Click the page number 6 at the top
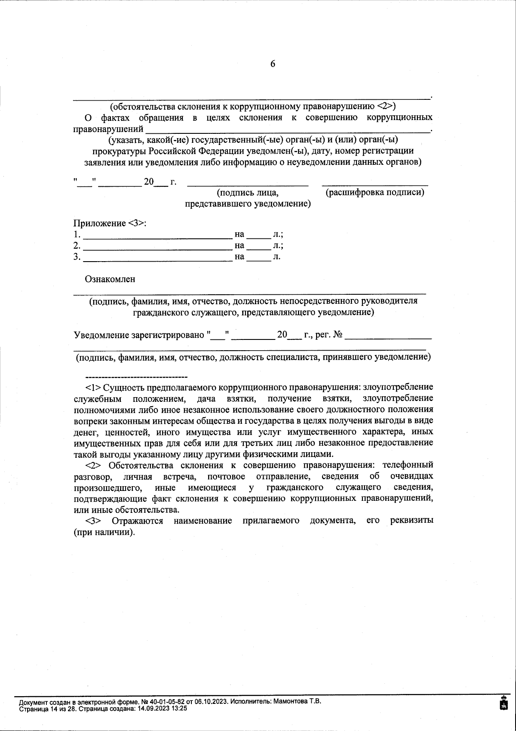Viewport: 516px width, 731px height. tap(273, 64)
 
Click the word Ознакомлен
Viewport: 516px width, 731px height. tap(110, 279)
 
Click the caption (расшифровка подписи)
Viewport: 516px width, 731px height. tap(375, 192)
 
